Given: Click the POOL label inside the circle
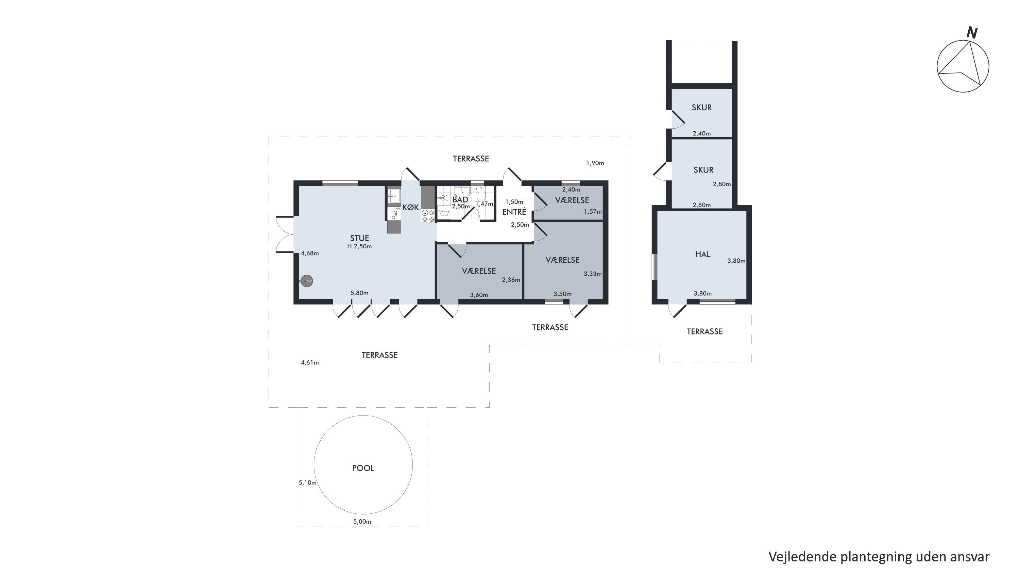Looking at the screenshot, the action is (363, 468).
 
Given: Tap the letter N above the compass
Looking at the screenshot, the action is (972, 33).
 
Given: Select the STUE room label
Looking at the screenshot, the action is (359, 238).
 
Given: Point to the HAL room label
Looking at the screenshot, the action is (703, 254).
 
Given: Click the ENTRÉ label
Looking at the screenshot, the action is (514, 212).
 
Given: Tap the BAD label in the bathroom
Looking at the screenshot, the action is (460, 200).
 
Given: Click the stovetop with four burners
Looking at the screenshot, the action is (428, 216).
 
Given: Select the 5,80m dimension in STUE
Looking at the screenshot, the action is (359, 293).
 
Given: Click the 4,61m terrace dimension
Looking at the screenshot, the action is (310, 362).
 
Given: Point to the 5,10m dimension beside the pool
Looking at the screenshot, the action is (308, 483).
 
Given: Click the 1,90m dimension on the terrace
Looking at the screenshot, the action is (595, 163).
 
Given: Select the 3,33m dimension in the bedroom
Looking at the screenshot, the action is (593, 274).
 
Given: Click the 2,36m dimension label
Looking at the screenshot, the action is (511, 280).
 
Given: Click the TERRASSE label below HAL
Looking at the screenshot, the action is (705, 331).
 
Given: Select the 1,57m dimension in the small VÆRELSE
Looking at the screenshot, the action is (593, 212).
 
